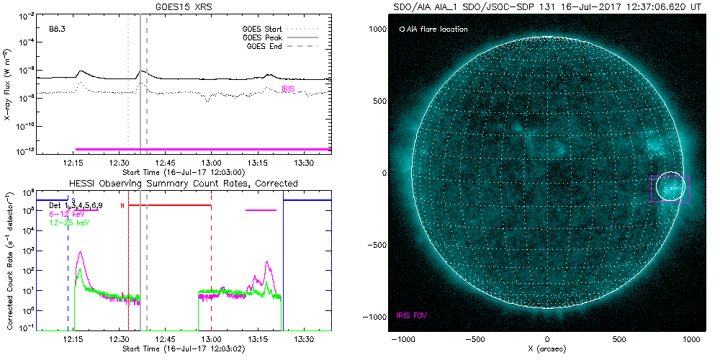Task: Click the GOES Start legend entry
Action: click(264, 30)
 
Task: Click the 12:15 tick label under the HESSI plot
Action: click(73, 338)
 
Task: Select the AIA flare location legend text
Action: click(437, 30)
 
